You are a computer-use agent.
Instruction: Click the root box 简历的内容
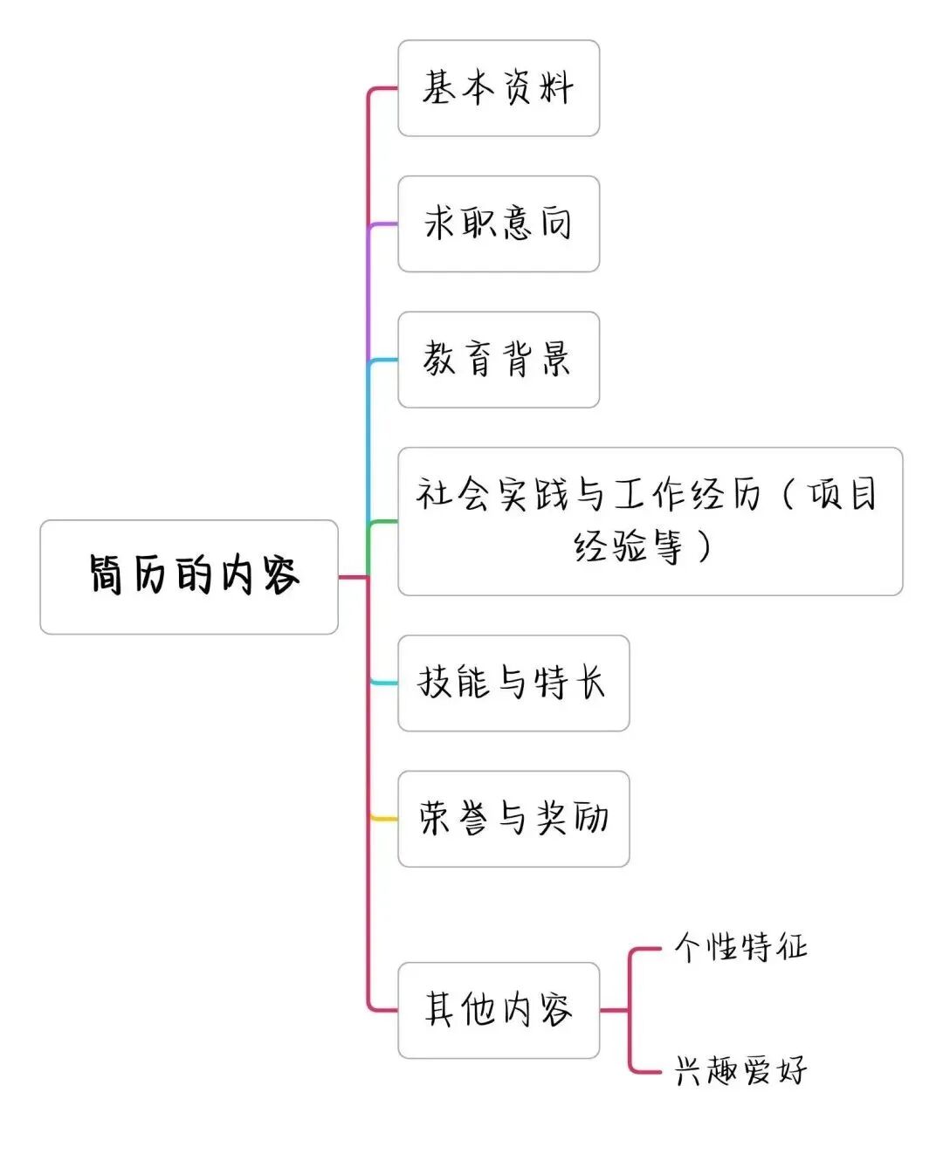pos(189,577)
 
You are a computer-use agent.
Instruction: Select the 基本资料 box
pos(499,88)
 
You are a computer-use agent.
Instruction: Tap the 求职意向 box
pos(499,224)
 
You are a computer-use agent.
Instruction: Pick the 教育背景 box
pos(499,360)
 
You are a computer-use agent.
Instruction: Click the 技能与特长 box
pos(513,683)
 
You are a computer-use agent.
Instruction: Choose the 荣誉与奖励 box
pos(513,819)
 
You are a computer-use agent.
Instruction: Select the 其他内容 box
pos(499,1011)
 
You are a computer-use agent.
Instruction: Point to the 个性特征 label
pos(740,947)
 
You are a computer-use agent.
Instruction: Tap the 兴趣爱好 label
pos(740,1070)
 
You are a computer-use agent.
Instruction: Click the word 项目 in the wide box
pos(843,495)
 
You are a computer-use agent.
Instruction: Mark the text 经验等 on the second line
pos(628,548)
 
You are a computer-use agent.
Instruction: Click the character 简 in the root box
pos(107,575)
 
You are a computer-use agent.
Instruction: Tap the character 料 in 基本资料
pos(556,88)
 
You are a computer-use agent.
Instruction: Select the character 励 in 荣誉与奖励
pos(591,819)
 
